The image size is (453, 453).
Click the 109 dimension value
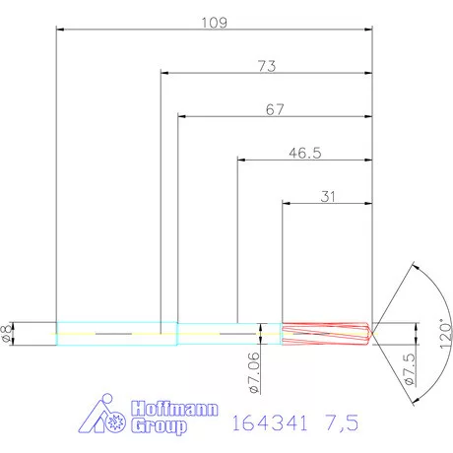tap(214, 22)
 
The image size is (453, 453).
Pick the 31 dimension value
tap(328, 197)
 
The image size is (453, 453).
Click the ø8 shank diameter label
tap(9, 333)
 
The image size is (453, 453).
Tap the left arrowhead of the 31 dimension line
tap(287, 205)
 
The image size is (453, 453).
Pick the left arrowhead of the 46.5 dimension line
tap(242, 161)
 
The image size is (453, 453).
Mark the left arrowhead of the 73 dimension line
tap(164, 73)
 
